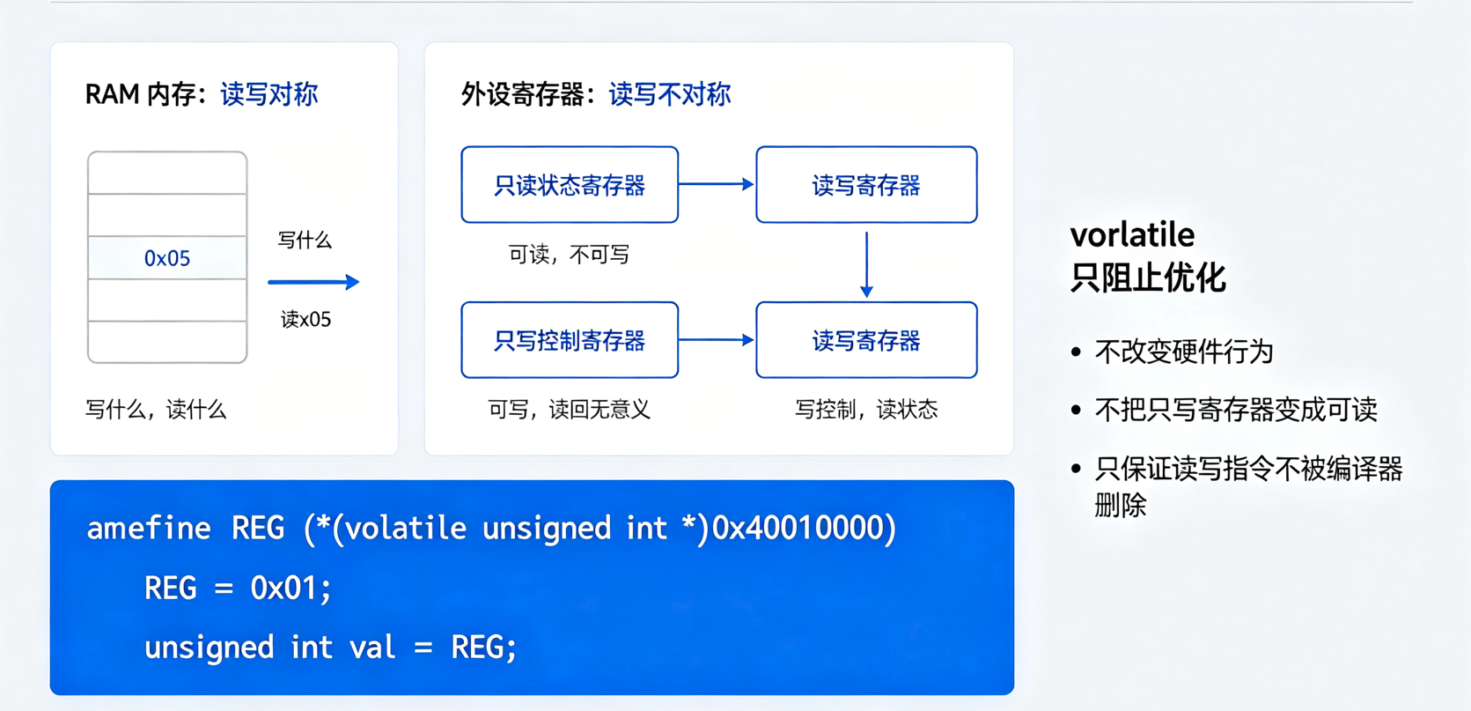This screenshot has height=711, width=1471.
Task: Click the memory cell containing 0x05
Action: (x=167, y=257)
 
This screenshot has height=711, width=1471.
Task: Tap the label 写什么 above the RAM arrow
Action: (x=305, y=240)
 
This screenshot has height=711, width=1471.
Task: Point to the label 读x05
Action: (x=306, y=319)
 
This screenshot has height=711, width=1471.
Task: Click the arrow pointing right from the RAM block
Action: (x=314, y=282)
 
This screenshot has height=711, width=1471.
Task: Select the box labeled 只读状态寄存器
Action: (x=570, y=185)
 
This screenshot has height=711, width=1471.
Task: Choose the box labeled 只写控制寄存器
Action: (x=570, y=340)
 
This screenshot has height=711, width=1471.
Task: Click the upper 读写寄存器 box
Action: (x=866, y=185)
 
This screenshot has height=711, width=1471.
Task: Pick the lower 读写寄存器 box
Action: (x=866, y=340)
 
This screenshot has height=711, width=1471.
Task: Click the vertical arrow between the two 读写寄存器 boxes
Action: (x=867, y=264)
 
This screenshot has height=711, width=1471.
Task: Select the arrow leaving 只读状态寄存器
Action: (x=717, y=184)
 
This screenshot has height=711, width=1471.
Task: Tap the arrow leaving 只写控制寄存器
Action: (x=717, y=340)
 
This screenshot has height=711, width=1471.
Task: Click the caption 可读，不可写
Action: (x=569, y=254)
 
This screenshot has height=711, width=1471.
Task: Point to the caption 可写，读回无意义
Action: (x=569, y=410)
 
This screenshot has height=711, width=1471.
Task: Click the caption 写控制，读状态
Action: (x=866, y=410)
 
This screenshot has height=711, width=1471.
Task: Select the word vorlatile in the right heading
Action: (x=1132, y=234)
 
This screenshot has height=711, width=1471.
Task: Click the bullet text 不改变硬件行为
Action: (x=1184, y=352)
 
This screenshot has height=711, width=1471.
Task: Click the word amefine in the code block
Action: (x=149, y=528)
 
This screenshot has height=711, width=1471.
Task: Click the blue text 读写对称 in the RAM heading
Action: (x=269, y=94)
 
